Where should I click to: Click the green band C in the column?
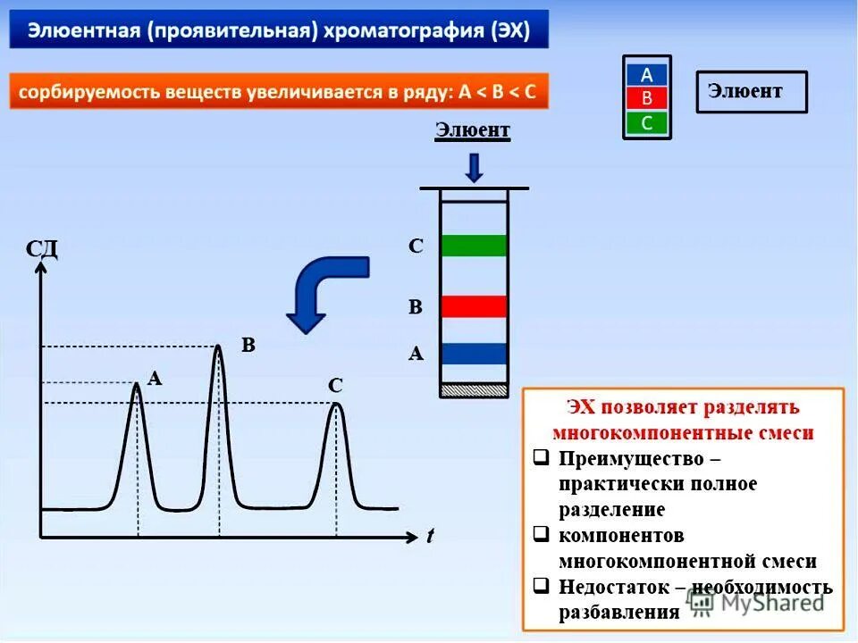[x=474, y=245]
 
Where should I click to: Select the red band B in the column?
[x=474, y=306]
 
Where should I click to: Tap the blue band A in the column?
[x=474, y=353]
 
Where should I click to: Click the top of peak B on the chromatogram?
[x=218, y=347]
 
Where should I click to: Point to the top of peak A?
[x=137, y=384]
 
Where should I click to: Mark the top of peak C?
[x=335, y=405]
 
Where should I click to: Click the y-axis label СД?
[x=42, y=248]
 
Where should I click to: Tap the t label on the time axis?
[x=430, y=536]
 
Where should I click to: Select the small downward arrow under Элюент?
[x=474, y=167]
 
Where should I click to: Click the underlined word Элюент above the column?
[x=473, y=130]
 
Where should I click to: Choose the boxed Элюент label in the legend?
[x=751, y=91]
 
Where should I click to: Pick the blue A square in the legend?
[x=647, y=74]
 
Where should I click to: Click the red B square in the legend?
[x=647, y=98]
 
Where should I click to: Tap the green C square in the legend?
[x=647, y=122]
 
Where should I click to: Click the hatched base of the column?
[x=474, y=390]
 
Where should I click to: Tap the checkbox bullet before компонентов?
[x=541, y=535]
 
